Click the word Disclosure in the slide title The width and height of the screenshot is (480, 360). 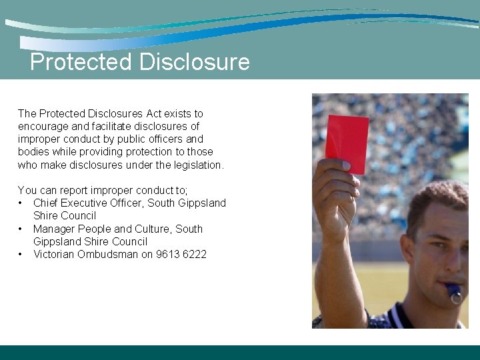click(194, 62)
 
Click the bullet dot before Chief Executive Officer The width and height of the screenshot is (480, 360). click(21, 203)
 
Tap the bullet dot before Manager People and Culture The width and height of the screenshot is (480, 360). click(21, 229)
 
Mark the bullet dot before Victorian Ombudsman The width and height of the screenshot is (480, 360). click(21, 254)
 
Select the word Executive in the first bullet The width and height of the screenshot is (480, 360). click(87, 203)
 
